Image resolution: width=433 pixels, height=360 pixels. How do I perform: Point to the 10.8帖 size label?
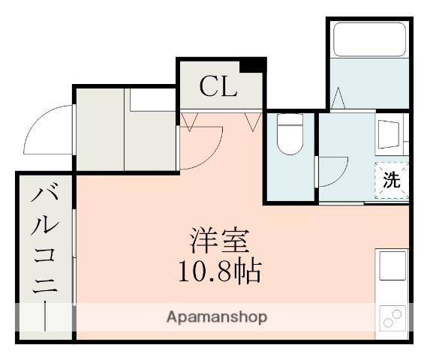[x=218, y=270]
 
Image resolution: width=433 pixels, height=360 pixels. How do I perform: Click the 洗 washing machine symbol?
[x=392, y=179]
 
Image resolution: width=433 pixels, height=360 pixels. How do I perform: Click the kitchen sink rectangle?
[x=392, y=266]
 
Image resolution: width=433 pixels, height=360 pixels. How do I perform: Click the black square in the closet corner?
[x=257, y=64]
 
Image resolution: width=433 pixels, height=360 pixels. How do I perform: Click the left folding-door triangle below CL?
[x=188, y=121]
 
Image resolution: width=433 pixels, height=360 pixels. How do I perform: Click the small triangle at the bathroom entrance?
[x=338, y=98]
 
